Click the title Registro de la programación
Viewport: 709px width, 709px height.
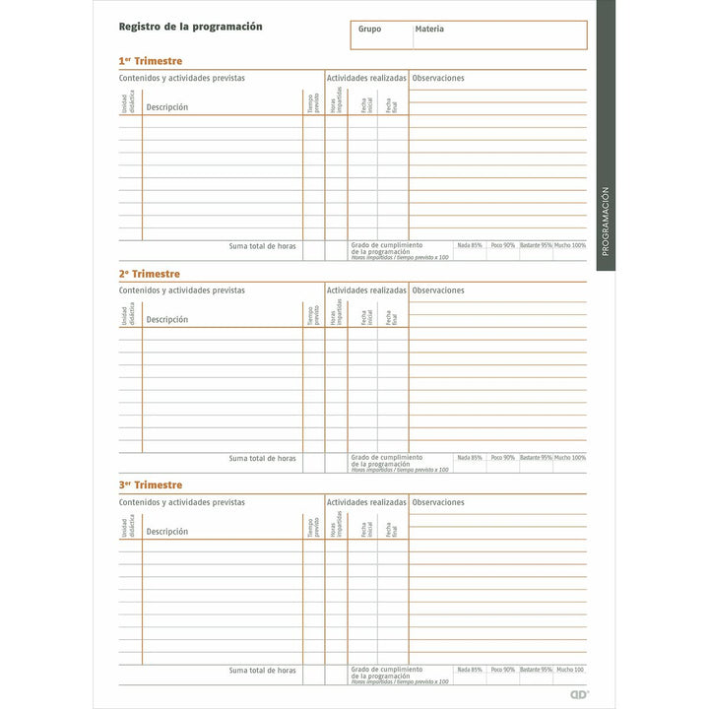pos(190,27)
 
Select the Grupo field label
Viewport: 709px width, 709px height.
pos(369,30)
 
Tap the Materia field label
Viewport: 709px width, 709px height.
pos(429,30)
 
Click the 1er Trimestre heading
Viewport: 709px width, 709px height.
pos(150,61)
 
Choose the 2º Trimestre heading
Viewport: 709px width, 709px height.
pos(150,274)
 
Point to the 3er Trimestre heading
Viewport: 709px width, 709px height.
pos(150,485)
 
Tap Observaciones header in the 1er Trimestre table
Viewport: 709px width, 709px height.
pos(438,78)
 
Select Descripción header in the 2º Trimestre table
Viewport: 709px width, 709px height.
pos(166,319)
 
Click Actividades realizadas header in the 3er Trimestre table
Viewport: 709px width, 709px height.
pos(366,502)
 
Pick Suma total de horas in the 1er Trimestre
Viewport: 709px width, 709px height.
pos(262,246)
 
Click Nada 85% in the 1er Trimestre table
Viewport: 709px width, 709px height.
pos(470,245)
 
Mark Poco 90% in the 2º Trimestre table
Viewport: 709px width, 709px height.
pos(502,458)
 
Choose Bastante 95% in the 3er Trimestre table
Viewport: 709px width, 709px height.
pos(536,670)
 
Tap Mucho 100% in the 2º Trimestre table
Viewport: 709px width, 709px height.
pos(569,458)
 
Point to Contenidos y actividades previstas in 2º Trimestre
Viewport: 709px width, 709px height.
pos(182,290)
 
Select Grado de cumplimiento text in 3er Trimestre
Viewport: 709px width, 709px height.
pos(386,671)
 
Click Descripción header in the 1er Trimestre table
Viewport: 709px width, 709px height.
pos(166,107)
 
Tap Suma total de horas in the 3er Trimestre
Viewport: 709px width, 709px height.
pos(262,671)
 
